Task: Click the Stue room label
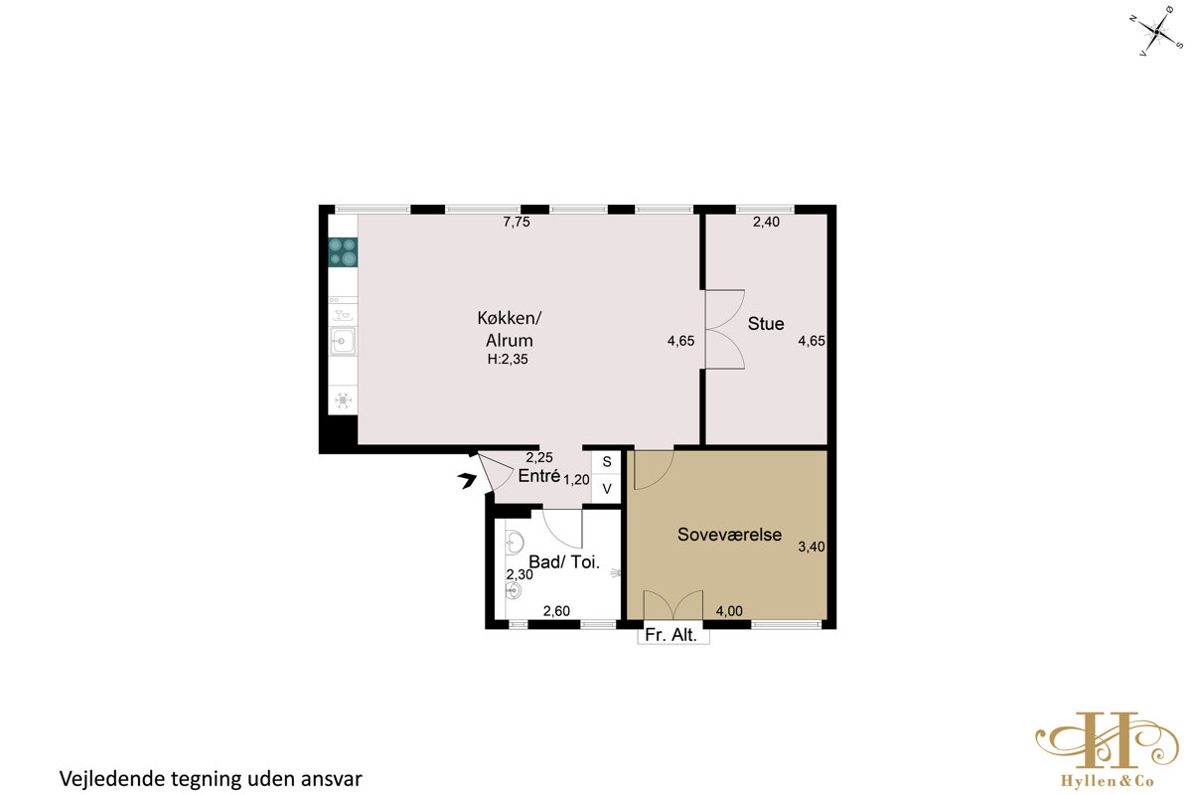tap(766, 324)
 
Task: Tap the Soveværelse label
tap(729, 535)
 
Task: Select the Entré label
tap(539, 475)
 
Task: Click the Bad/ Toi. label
tap(564, 561)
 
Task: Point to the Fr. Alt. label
tap(671, 635)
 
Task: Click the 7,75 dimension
tap(517, 222)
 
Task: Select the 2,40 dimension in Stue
tap(766, 222)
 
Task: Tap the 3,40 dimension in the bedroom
tap(812, 547)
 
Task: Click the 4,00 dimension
tap(729, 611)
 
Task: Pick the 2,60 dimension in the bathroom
tap(556, 611)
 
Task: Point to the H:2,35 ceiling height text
tap(508, 360)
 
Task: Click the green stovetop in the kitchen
tap(343, 252)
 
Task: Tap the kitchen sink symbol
tap(343, 341)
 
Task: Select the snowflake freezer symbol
tap(343, 399)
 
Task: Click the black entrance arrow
tap(467, 480)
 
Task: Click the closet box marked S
tap(606, 462)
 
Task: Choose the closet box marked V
tap(606, 488)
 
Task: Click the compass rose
tap(1157, 32)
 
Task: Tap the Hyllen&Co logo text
tap(1107, 781)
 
